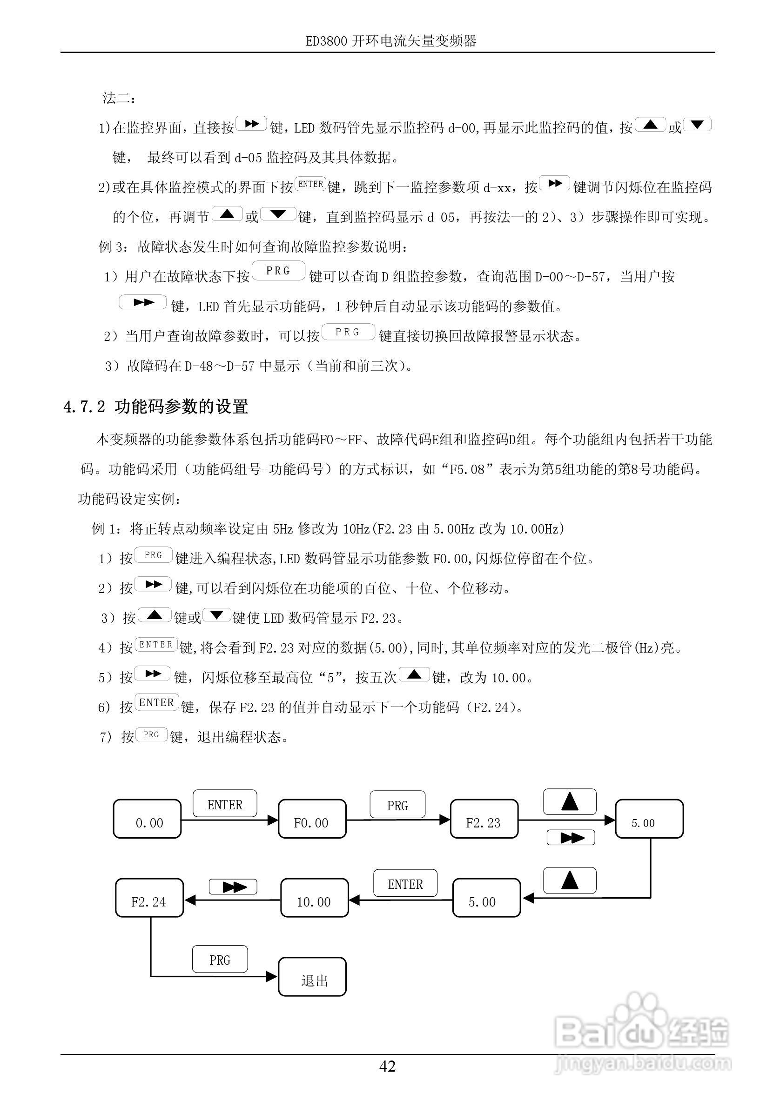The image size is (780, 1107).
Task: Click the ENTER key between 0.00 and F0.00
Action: point(225,803)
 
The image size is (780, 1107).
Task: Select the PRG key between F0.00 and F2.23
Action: point(397,804)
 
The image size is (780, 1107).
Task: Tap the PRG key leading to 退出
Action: point(220,959)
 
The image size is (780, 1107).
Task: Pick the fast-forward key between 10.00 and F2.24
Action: point(233,886)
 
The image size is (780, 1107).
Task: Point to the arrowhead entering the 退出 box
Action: point(272,977)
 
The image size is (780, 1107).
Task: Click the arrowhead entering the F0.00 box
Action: point(273,820)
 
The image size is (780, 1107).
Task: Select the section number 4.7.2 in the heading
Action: point(84,407)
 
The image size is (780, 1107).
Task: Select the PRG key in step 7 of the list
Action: point(151,735)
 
